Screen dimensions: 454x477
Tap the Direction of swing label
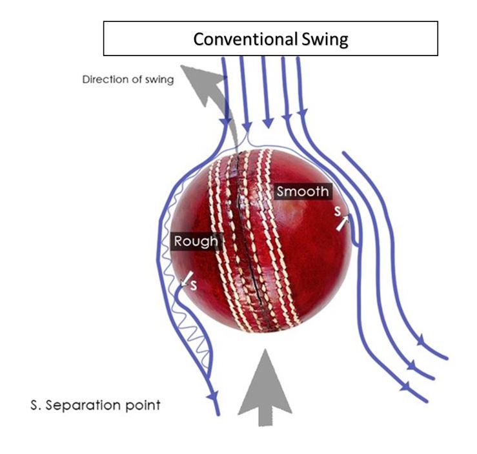[128, 81]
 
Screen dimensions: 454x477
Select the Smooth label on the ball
[303, 191]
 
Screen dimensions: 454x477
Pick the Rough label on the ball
[196, 242]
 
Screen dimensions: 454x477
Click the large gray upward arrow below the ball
[263, 387]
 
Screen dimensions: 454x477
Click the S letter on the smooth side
[337, 211]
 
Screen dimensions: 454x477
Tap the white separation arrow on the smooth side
[342, 223]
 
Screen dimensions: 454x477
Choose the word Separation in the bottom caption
[88, 406]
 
